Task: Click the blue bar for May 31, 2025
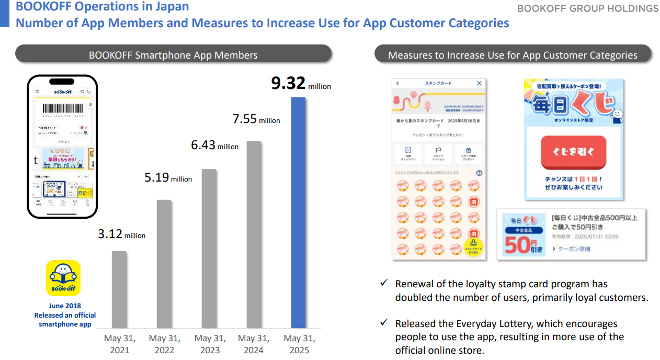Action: [x=298, y=212]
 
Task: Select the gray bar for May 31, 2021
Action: [x=119, y=289]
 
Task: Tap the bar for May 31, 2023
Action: [x=209, y=248]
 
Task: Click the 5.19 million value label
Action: [x=168, y=178]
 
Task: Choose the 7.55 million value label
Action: [x=256, y=119]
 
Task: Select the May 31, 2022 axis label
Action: [x=164, y=344]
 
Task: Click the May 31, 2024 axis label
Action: [x=254, y=344]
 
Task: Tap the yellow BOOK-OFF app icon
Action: [x=63, y=278]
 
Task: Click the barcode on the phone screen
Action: [x=62, y=109]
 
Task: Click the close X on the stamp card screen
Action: [x=479, y=83]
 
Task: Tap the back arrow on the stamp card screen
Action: [x=397, y=83]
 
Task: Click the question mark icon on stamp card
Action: [x=479, y=173]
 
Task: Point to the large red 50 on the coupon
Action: [x=517, y=244]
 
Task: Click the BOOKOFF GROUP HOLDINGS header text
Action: [x=587, y=8]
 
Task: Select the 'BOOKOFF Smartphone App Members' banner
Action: [x=173, y=55]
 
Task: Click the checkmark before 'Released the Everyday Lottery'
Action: [x=384, y=323]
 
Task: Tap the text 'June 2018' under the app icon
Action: [x=65, y=306]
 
